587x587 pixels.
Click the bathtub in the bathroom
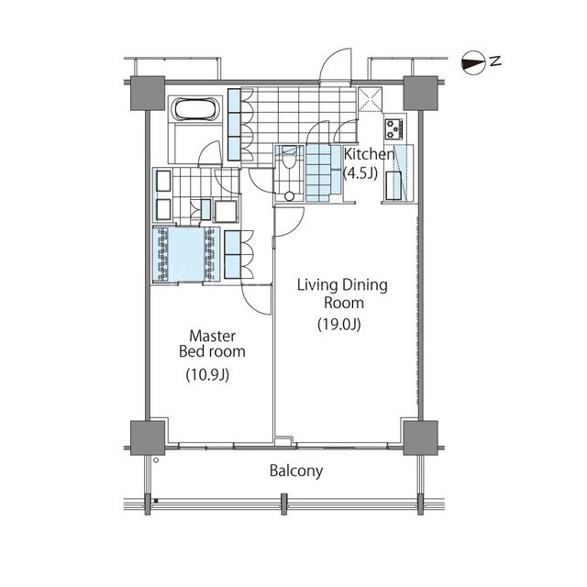194,109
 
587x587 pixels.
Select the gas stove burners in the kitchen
393,128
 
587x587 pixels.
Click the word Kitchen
369,154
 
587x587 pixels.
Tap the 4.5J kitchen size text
360,173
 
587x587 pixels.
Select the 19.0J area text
339,324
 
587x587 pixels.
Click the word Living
317,285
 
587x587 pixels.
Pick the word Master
212,336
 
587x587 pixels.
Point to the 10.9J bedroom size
207,374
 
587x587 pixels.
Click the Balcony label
296,471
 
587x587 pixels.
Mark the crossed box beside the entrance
371,99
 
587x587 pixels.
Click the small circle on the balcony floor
156,460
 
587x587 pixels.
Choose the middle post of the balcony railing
283,504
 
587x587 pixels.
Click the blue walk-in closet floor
185,255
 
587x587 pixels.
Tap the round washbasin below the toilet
289,196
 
